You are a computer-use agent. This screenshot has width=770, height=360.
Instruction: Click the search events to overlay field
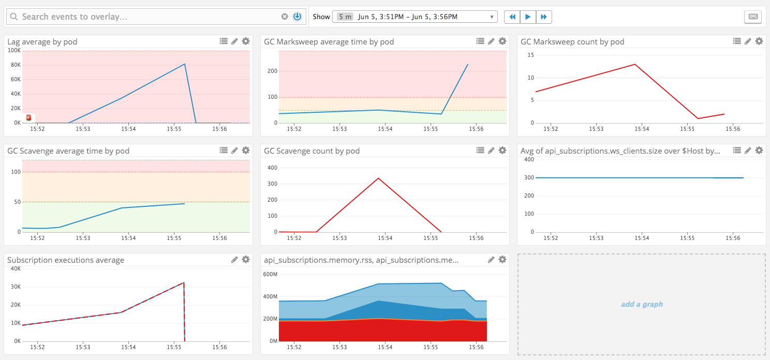point(150,17)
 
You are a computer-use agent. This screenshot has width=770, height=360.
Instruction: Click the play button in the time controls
point(528,17)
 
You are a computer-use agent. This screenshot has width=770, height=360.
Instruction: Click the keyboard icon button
point(753,17)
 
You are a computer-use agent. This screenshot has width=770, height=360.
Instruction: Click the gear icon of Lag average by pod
point(246,41)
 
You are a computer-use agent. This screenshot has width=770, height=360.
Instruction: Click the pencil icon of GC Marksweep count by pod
point(748,41)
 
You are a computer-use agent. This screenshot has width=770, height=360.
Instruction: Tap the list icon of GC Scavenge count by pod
point(480,151)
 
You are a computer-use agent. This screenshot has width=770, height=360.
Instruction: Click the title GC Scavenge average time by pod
point(68,151)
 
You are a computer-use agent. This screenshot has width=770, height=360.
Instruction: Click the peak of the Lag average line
point(185,64)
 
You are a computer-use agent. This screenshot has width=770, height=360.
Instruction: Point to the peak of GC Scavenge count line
point(378,178)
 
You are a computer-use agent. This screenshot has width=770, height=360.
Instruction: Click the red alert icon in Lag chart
point(28,117)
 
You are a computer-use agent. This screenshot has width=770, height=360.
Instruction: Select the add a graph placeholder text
point(642,304)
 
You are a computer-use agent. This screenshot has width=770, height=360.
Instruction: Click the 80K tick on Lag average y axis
point(14,65)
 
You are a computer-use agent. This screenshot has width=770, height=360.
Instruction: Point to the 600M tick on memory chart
point(271,274)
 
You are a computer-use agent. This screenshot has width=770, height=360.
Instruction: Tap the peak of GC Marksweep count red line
point(635,64)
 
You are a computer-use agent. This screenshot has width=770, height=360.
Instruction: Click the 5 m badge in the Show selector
point(345,17)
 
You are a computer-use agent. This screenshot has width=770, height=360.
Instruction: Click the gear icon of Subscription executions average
point(246,260)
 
